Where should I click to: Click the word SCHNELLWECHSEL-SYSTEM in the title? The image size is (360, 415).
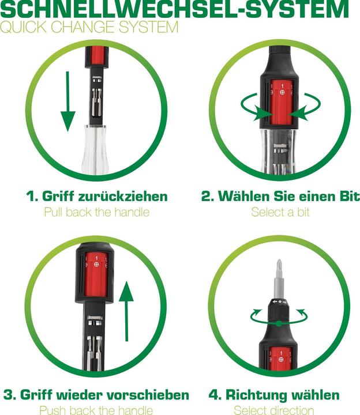coord(174,9)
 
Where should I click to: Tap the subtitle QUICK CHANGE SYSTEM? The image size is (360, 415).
coord(89,27)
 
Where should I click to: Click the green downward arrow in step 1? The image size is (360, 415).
coord(68,101)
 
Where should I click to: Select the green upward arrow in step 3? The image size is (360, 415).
coord(126,311)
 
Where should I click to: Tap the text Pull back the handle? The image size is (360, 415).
coord(97,212)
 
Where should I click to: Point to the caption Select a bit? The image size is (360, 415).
coord(280,212)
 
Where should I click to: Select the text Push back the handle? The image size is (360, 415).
coord(96,410)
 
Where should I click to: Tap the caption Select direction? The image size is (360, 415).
coord(274,410)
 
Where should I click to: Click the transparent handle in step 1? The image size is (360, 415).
coord(95,149)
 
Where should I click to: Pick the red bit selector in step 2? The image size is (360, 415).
coord(282,103)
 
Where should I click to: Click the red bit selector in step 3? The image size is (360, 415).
coord(96,276)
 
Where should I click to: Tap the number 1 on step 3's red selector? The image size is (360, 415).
coord(96,258)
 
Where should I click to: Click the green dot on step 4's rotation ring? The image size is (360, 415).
coord(279,323)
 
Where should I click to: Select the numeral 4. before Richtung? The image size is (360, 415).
coord(215,395)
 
